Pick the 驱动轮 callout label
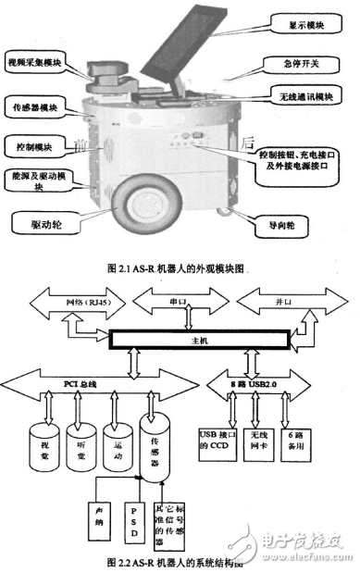coord(47,222)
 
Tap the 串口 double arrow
coord(180,302)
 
